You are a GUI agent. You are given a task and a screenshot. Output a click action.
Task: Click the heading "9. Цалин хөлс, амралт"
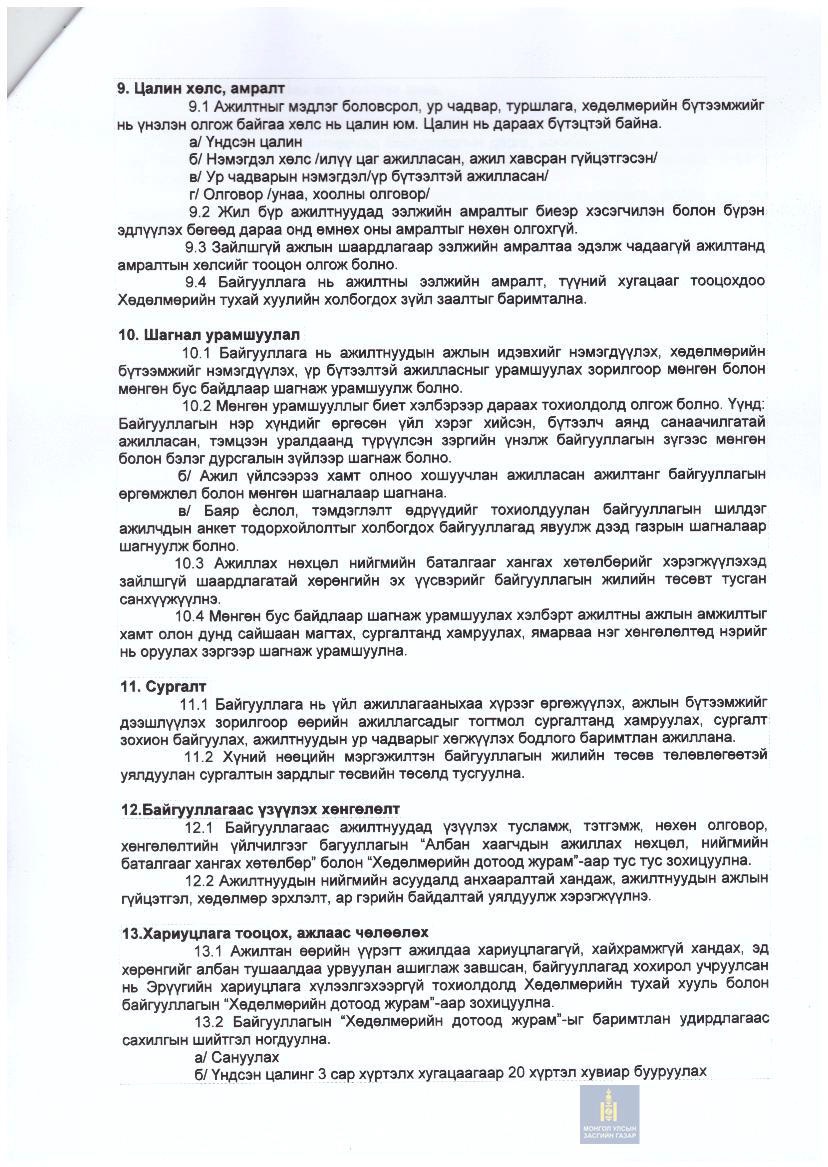pyautogui.click(x=201, y=87)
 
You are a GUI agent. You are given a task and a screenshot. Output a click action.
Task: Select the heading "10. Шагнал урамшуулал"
pyautogui.click(x=208, y=333)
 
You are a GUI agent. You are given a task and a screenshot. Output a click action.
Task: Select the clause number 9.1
pyautogui.click(x=200, y=106)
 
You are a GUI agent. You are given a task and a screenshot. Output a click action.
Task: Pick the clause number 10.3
pyautogui.click(x=190, y=562)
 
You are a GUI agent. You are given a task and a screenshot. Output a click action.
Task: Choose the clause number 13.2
pyautogui.click(x=209, y=1021)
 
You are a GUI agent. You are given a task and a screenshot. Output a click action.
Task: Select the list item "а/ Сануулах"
pyautogui.click(x=236, y=1056)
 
